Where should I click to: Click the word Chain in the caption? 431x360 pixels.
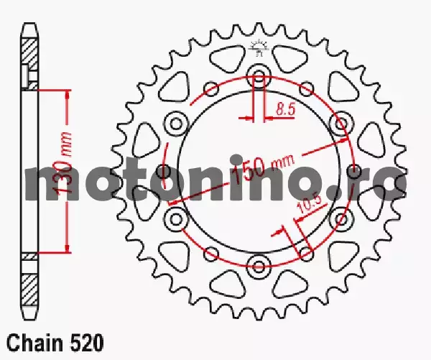pos(34,343)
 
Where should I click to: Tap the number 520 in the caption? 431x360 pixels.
pos(88,343)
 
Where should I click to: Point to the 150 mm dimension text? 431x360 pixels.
pos(261,168)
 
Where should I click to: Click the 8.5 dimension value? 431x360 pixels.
pos(286,109)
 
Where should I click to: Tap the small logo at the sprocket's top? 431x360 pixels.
pos(259,47)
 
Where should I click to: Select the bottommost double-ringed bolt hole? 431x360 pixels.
pos(259,266)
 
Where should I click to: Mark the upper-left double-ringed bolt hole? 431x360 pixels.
pos(176,123)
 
